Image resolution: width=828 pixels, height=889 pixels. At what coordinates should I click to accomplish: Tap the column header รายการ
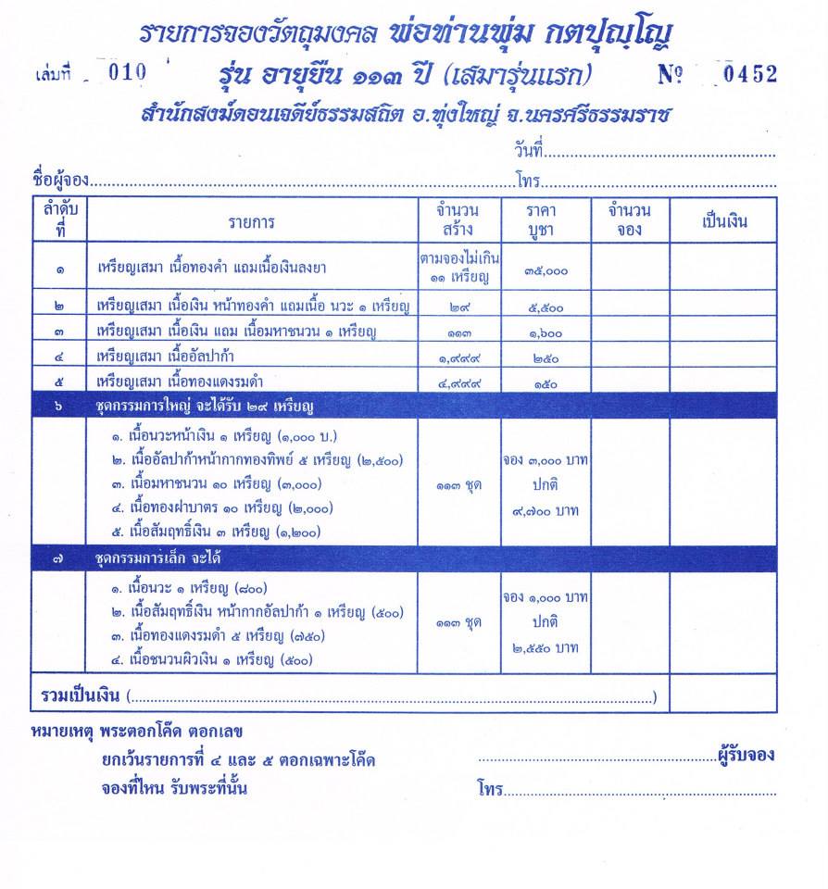click(x=251, y=222)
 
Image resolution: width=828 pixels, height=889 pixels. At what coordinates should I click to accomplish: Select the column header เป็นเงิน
click(x=724, y=222)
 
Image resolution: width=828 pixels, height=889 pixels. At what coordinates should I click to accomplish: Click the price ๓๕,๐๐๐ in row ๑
click(x=545, y=270)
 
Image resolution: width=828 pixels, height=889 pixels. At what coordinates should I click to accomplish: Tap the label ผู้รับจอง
click(x=746, y=755)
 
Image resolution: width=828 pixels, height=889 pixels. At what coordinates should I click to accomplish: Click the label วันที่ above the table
click(x=527, y=150)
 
